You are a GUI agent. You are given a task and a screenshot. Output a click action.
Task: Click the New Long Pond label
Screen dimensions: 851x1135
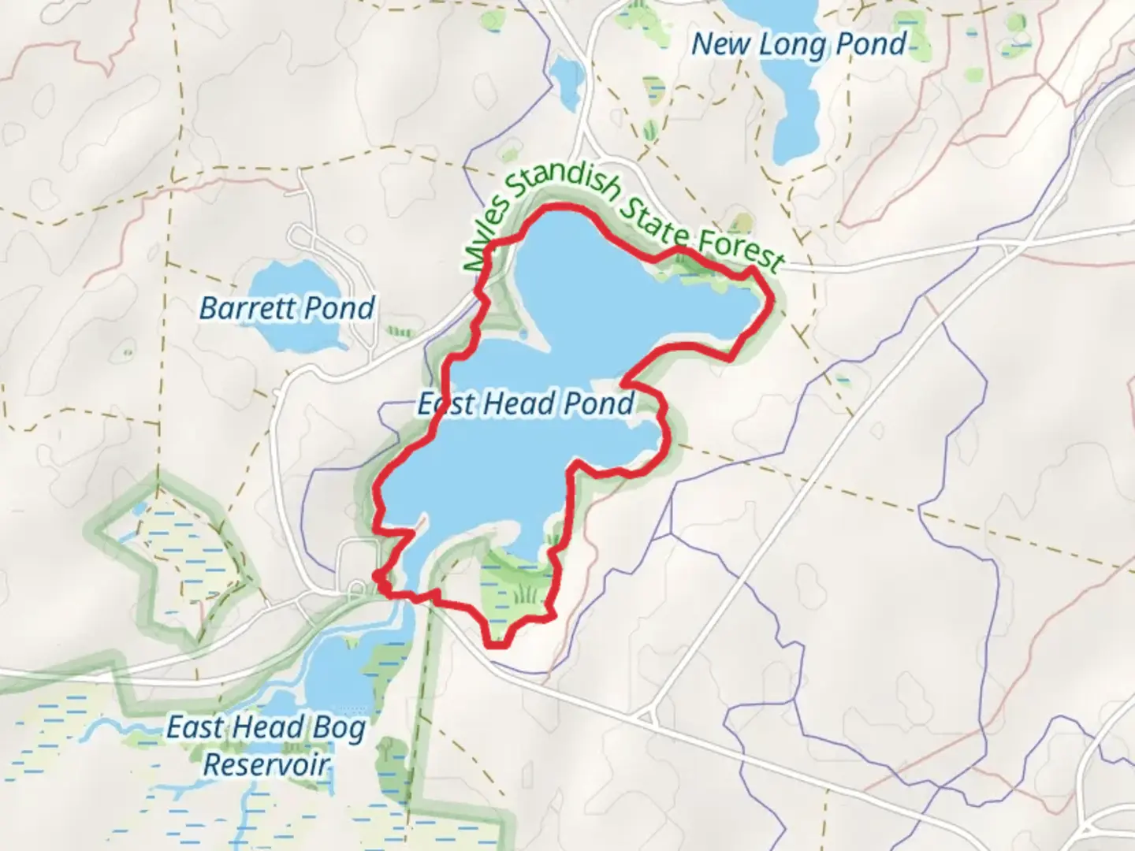(x=798, y=44)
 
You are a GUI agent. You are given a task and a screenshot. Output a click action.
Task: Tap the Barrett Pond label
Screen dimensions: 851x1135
(x=286, y=307)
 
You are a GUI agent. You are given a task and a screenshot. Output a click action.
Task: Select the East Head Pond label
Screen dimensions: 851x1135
(x=525, y=403)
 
